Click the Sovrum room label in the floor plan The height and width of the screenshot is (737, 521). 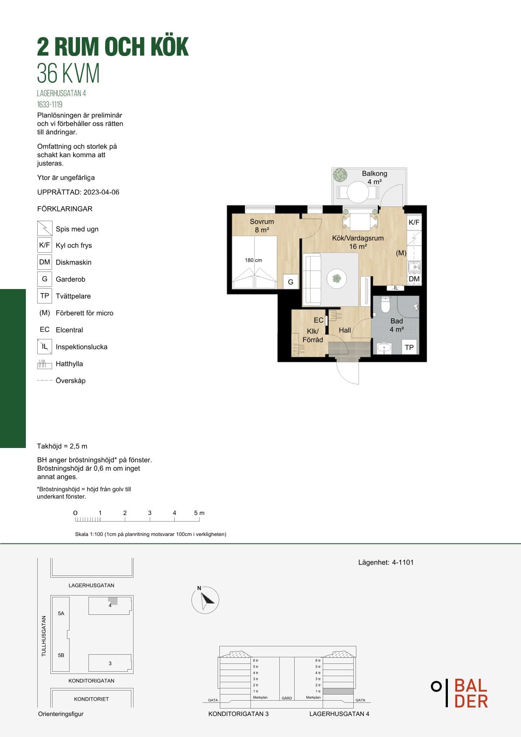pyautogui.click(x=261, y=222)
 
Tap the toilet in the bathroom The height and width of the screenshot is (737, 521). pyautogui.click(x=385, y=304)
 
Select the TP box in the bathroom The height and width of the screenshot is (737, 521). pyautogui.click(x=409, y=347)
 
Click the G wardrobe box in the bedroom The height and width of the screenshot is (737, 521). pyautogui.click(x=290, y=282)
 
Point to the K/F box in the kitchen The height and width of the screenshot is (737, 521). pyautogui.click(x=414, y=222)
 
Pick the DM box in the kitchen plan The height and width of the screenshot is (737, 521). pyautogui.click(x=414, y=279)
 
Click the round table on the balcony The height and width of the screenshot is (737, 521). pyautogui.click(x=358, y=193)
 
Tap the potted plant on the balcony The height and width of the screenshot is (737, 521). pyautogui.click(x=340, y=175)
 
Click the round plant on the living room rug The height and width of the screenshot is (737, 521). pyautogui.click(x=337, y=279)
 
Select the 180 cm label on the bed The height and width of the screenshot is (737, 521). pyautogui.click(x=253, y=260)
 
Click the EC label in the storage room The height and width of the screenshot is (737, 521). pyautogui.click(x=318, y=320)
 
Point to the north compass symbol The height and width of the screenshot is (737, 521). pyautogui.click(x=205, y=600)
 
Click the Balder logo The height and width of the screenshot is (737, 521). pyautogui.click(x=460, y=693)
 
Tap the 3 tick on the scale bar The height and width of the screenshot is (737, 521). pyautogui.click(x=150, y=519)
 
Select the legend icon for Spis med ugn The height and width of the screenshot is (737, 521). pyautogui.click(x=45, y=228)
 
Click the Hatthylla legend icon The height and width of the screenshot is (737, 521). pyautogui.click(x=45, y=364)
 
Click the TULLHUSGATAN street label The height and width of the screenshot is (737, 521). pyautogui.click(x=44, y=636)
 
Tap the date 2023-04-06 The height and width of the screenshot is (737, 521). pyautogui.click(x=101, y=192)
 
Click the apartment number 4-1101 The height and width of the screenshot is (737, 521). pyautogui.click(x=403, y=562)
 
